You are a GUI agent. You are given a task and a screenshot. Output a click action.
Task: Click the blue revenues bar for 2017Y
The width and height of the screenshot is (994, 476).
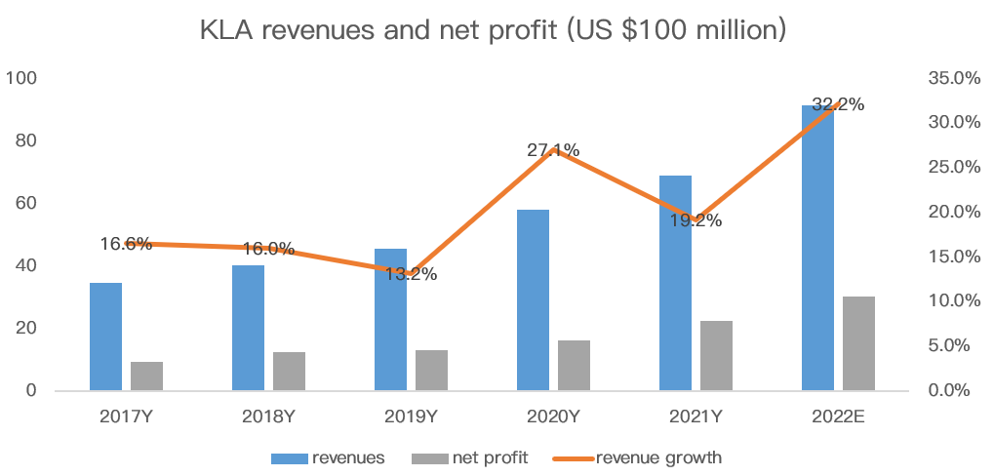click(x=105, y=337)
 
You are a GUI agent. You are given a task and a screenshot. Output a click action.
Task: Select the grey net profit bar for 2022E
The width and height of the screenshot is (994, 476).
click(x=858, y=343)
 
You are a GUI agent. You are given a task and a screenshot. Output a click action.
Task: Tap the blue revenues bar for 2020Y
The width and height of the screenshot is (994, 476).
click(x=533, y=300)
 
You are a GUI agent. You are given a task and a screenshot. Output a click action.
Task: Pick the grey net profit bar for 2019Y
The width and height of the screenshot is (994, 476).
click(x=431, y=370)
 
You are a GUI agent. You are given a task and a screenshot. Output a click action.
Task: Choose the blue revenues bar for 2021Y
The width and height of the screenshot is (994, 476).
click(x=675, y=283)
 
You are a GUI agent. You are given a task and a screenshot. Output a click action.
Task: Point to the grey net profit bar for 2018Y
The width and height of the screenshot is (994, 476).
click(x=289, y=371)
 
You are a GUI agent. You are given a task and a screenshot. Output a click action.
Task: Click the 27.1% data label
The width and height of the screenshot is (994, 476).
click(x=553, y=150)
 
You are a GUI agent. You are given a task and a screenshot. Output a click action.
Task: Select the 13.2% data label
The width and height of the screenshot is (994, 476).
click(x=411, y=274)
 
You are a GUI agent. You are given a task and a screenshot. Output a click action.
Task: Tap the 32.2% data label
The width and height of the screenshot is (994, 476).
click(x=838, y=104)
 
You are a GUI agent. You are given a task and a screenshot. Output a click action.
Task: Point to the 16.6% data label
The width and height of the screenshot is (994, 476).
click(x=126, y=244)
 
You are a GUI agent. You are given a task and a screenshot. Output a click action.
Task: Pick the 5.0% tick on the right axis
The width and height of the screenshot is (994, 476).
click(x=952, y=345)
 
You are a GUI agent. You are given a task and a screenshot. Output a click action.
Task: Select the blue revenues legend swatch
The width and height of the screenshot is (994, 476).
click(x=289, y=457)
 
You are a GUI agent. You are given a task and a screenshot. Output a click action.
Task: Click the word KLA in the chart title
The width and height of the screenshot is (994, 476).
click(x=224, y=29)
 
